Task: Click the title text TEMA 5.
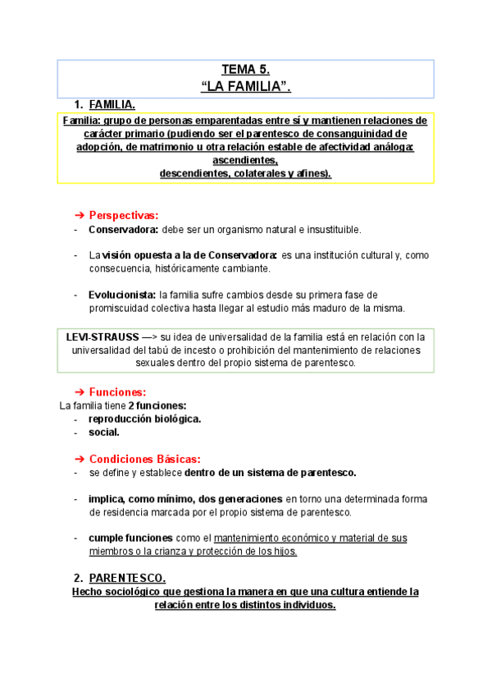click(246, 70)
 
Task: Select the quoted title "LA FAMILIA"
click(246, 85)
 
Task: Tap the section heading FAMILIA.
click(112, 105)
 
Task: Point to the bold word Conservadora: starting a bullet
click(124, 230)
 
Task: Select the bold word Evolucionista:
click(122, 294)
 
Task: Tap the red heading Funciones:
click(118, 392)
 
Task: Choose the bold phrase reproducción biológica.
click(145, 419)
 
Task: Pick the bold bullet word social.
click(104, 432)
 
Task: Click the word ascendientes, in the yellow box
click(245, 161)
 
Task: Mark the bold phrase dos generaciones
click(242, 499)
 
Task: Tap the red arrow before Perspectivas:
click(80, 215)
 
